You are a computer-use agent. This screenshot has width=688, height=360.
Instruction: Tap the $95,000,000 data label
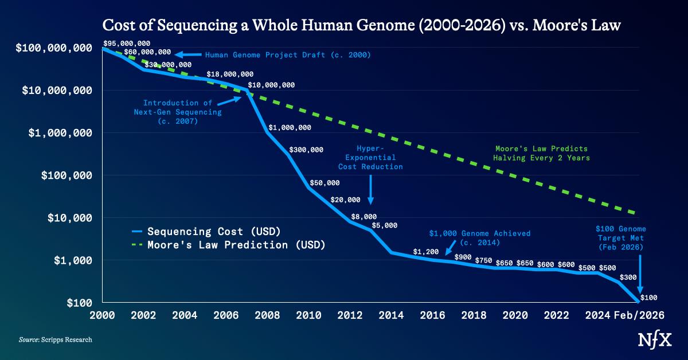(127, 44)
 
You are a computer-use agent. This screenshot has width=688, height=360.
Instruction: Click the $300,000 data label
(306, 150)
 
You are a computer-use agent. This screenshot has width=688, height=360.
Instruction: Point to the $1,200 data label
(426, 252)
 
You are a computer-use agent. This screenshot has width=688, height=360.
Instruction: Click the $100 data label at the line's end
(648, 297)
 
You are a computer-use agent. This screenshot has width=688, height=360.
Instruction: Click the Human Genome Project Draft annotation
(288, 55)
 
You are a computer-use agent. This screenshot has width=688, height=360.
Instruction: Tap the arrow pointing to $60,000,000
(188, 55)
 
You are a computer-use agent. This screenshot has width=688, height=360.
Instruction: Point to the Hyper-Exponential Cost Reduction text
(370, 157)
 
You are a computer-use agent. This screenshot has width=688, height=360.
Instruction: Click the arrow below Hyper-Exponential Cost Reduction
(371, 189)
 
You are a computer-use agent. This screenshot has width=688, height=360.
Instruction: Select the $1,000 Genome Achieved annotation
(480, 238)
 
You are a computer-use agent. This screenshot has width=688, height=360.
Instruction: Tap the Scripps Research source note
(55, 340)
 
